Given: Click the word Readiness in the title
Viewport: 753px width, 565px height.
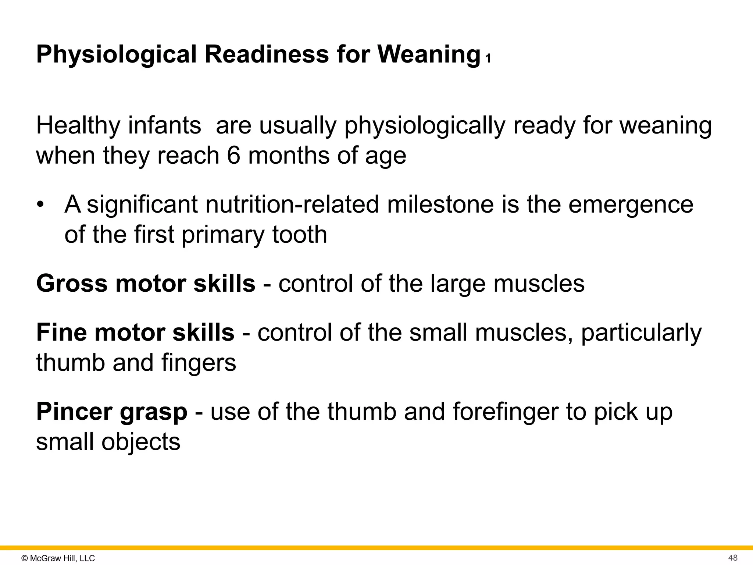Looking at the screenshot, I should pos(266,54).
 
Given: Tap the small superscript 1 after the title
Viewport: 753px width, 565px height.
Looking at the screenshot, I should pos(488,59).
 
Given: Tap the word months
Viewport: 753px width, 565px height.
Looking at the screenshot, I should pos(289,156).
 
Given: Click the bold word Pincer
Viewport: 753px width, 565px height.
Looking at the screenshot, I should pos(74,412).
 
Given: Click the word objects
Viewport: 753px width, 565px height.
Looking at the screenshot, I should pos(141,442).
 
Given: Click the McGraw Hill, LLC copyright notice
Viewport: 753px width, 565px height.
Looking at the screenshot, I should pos(58,558).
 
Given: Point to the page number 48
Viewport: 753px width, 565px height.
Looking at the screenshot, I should pos(733,558).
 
